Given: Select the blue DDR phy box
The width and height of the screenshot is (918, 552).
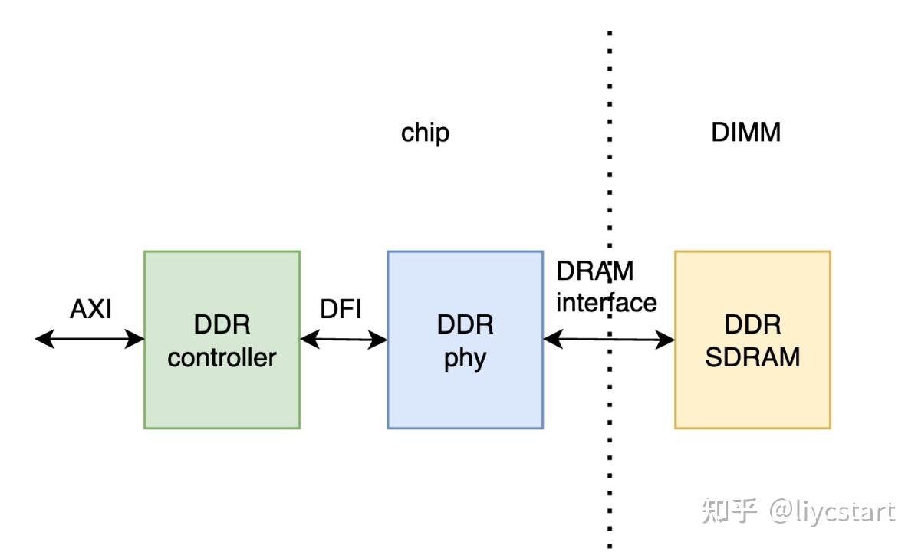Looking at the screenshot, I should pyautogui.click(x=465, y=399).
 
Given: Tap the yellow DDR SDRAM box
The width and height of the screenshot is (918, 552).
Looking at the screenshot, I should pyautogui.click(x=752, y=399).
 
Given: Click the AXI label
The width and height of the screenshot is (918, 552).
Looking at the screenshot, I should pyautogui.click(x=90, y=309).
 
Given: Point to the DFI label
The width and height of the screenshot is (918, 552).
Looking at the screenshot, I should pyautogui.click(x=341, y=309).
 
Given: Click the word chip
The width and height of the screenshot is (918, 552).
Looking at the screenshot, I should pyautogui.click(x=425, y=133).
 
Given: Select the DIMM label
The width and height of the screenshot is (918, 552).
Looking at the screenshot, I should pyautogui.click(x=745, y=133).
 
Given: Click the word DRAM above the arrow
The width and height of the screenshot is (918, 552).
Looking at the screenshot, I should pyautogui.click(x=595, y=271).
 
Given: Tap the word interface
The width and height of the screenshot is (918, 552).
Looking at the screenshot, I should pyautogui.click(x=606, y=302).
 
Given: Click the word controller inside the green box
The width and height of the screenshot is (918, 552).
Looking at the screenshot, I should pyautogui.click(x=222, y=357).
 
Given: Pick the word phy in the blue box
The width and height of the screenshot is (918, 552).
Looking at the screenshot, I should pyautogui.click(x=465, y=359).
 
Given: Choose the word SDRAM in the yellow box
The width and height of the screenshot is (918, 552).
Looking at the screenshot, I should pyautogui.click(x=752, y=356).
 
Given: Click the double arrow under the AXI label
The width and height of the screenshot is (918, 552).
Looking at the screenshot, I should pyautogui.click(x=90, y=338).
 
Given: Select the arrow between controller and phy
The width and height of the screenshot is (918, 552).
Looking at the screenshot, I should pyautogui.click(x=344, y=340).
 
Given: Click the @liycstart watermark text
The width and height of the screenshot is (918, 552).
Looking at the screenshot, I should pyautogui.click(x=832, y=511).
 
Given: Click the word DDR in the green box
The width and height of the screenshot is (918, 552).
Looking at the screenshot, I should pyautogui.click(x=222, y=325).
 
